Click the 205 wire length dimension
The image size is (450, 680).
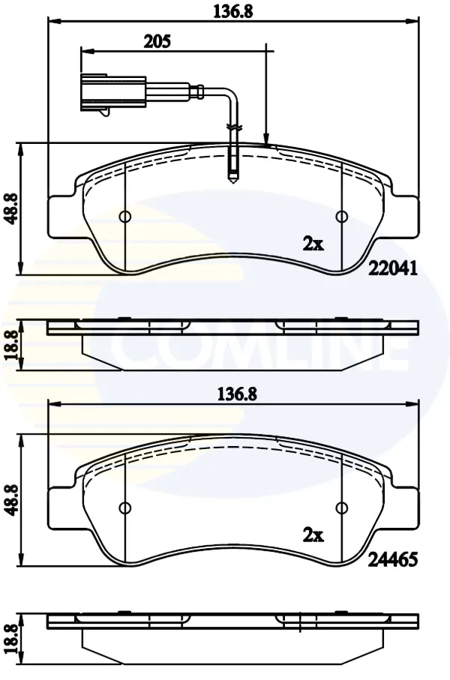157,42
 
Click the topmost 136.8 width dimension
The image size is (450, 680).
232,11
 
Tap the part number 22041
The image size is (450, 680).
393,268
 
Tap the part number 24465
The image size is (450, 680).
393,559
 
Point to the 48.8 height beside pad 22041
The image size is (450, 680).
12,208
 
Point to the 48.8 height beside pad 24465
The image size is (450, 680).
12,500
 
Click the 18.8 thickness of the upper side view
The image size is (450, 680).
12,345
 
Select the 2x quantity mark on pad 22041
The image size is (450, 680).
313,245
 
